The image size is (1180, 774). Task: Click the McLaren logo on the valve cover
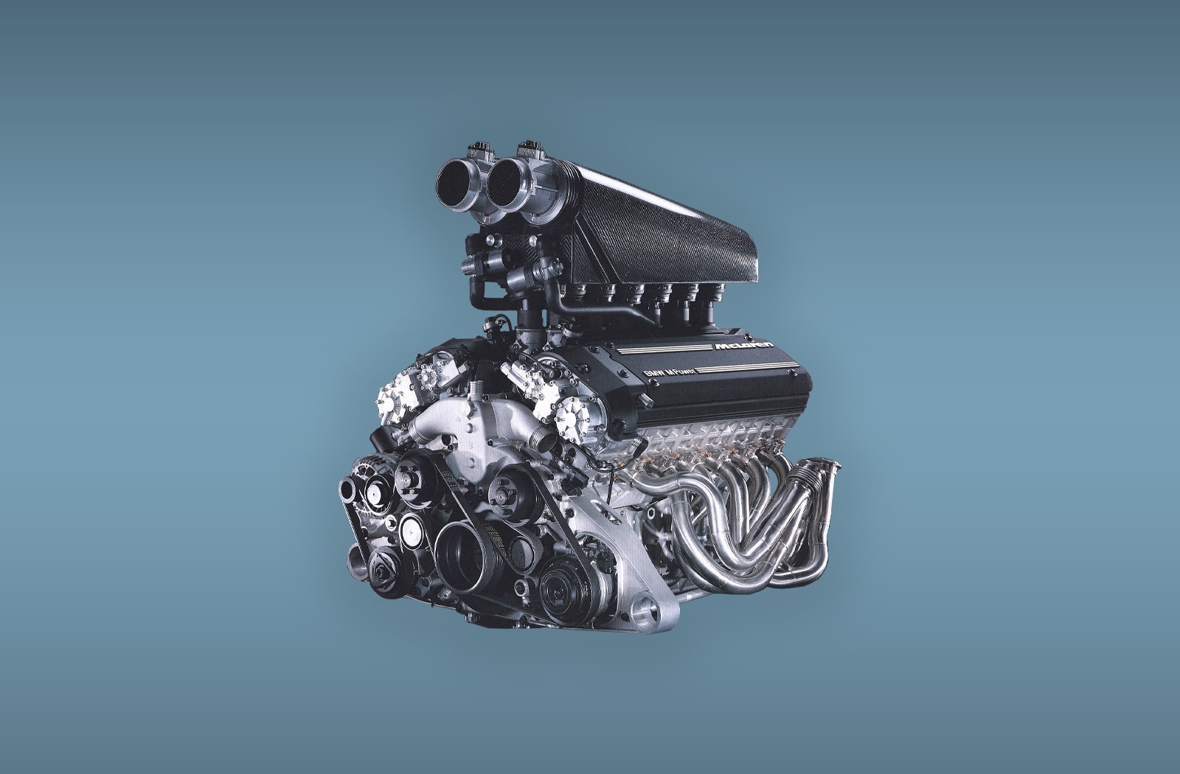(x=744, y=346)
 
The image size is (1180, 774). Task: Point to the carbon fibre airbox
(x=664, y=226)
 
